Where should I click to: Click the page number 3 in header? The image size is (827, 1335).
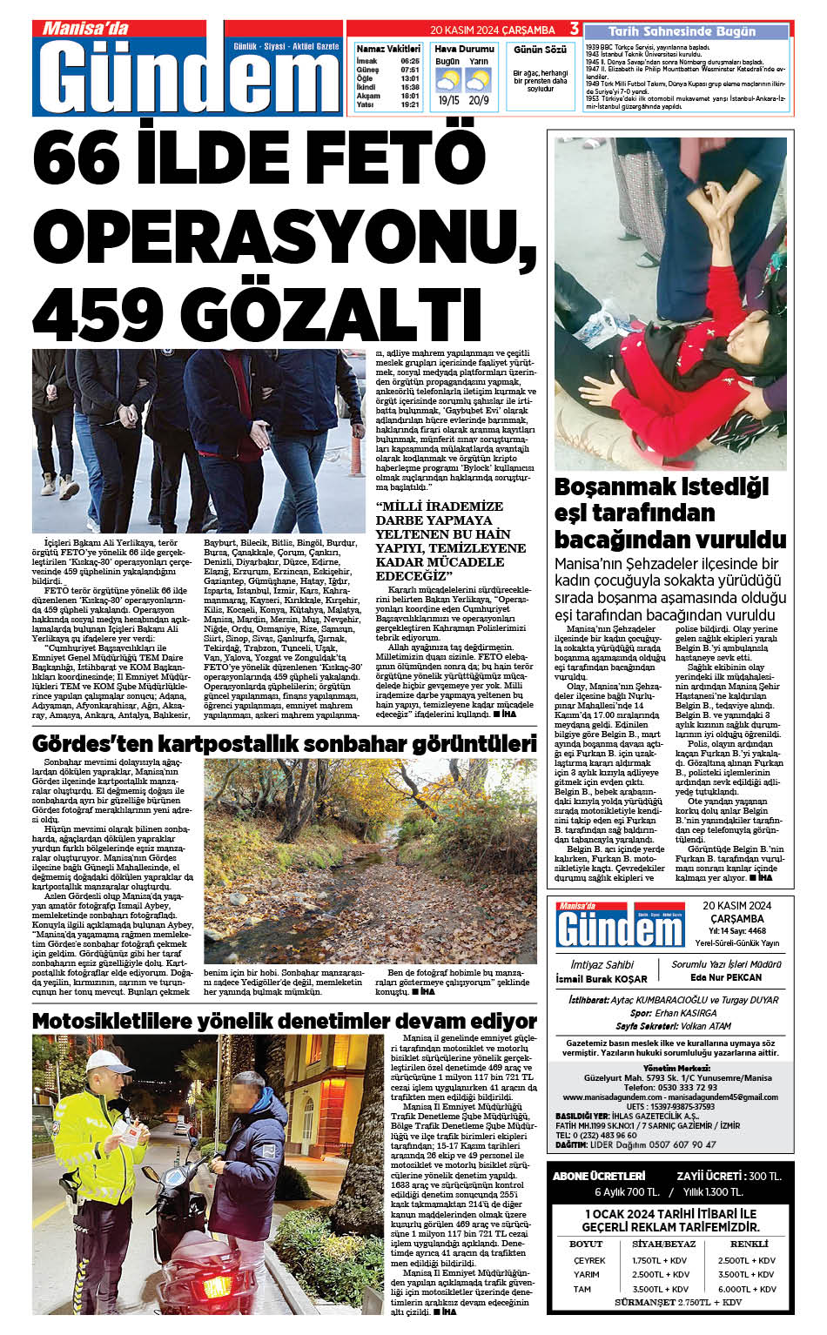point(574,30)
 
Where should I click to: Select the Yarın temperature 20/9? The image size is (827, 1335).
point(479,100)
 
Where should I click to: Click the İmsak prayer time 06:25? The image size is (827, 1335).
point(410,61)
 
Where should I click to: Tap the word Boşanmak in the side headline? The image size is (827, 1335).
point(615,486)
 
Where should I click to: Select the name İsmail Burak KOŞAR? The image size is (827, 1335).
point(602,979)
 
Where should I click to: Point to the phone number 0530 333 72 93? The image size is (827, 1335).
point(670,1087)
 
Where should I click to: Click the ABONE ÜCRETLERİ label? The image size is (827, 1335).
point(600,1176)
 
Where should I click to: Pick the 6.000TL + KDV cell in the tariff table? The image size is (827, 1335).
point(747,1289)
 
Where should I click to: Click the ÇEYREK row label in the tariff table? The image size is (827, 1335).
point(589,1260)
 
